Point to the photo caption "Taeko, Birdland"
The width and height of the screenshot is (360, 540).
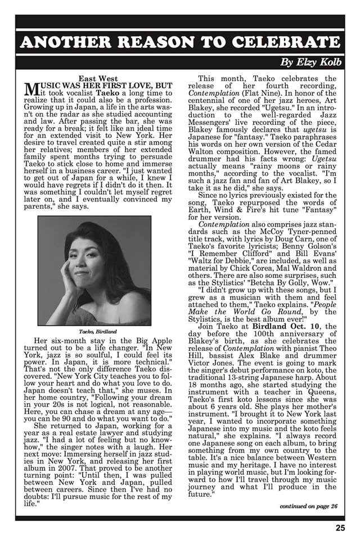(x=94, y=332)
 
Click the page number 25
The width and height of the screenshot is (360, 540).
(x=340, y=527)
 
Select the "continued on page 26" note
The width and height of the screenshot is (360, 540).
(x=309, y=506)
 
